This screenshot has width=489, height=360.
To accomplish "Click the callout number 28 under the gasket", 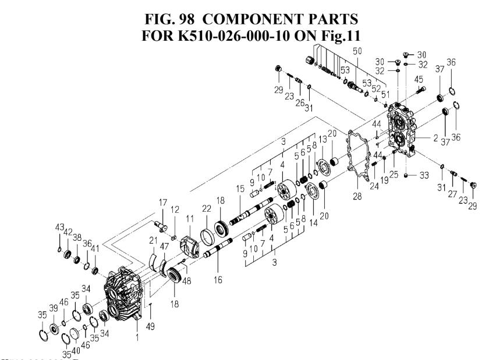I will click(357, 196).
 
